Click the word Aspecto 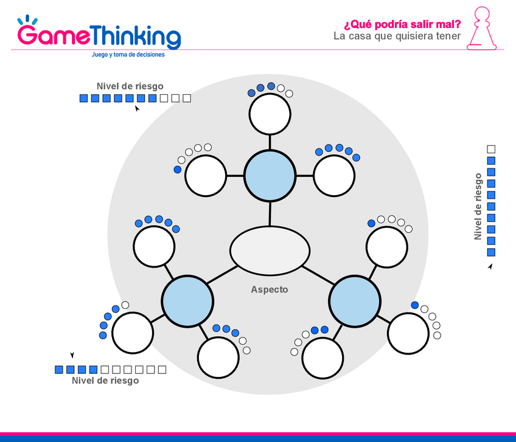pyautogui.click(x=270, y=290)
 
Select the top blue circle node pyautogui.click(x=270, y=175)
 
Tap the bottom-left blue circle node pyautogui.click(x=187, y=301)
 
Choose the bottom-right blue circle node pyautogui.click(x=354, y=301)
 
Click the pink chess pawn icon pyautogui.click(x=481, y=29)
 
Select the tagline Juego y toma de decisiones pyautogui.click(x=128, y=55)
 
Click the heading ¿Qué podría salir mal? pyautogui.click(x=402, y=24)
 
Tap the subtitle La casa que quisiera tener pyautogui.click(x=397, y=36)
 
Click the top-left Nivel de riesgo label pyautogui.click(x=130, y=86)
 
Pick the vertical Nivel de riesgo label pyautogui.click(x=478, y=207)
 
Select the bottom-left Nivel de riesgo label pyautogui.click(x=105, y=381)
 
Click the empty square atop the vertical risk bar pyautogui.click(x=492, y=149)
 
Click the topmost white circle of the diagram pyautogui.click(x=270, y=114)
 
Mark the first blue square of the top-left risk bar pyautogui.click(x=84, y=98)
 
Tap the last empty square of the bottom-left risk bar pyautogui.click(x=162, y=369)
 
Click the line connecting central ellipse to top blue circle pyautogui.click(x=270, y=213)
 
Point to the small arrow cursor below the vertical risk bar pyautogui.click(x=490, y=266)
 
